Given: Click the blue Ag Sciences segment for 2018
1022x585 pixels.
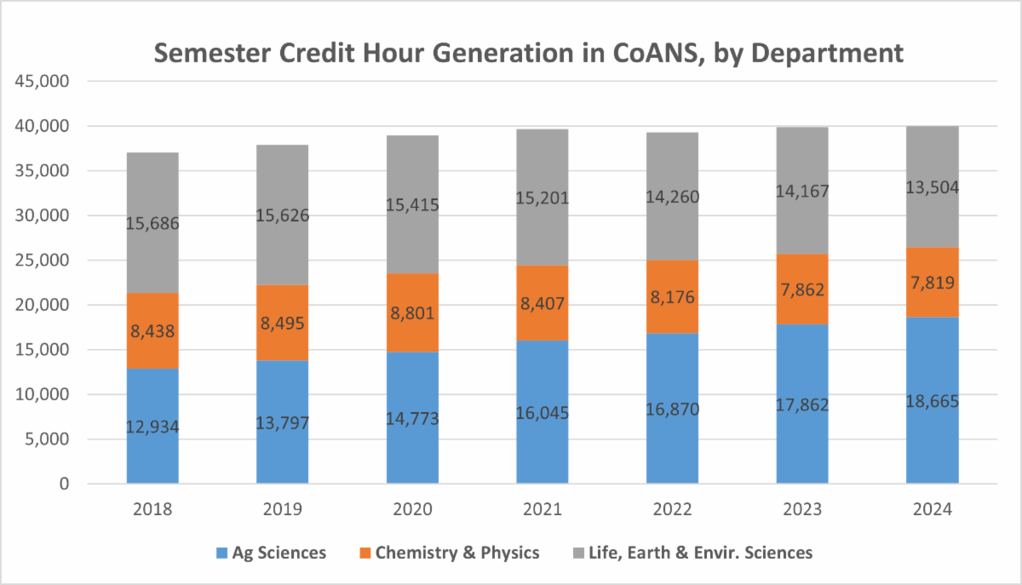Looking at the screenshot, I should click(152, 426).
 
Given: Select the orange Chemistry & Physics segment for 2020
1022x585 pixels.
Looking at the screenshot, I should click(412, 313).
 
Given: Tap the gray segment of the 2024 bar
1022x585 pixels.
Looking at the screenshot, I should click(931, 186).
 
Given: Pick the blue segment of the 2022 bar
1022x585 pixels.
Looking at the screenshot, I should click(672, 409).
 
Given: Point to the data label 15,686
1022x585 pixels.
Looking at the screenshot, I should click(152, 224).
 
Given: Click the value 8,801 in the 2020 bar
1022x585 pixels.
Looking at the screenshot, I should click(412, 313).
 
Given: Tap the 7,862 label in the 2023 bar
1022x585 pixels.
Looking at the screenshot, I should click(801, 289).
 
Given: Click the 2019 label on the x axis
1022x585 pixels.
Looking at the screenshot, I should click(283, 510).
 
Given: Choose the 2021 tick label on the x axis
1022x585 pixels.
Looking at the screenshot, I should click(543, 510).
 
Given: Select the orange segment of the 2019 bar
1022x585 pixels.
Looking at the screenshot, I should click(283, 323).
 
